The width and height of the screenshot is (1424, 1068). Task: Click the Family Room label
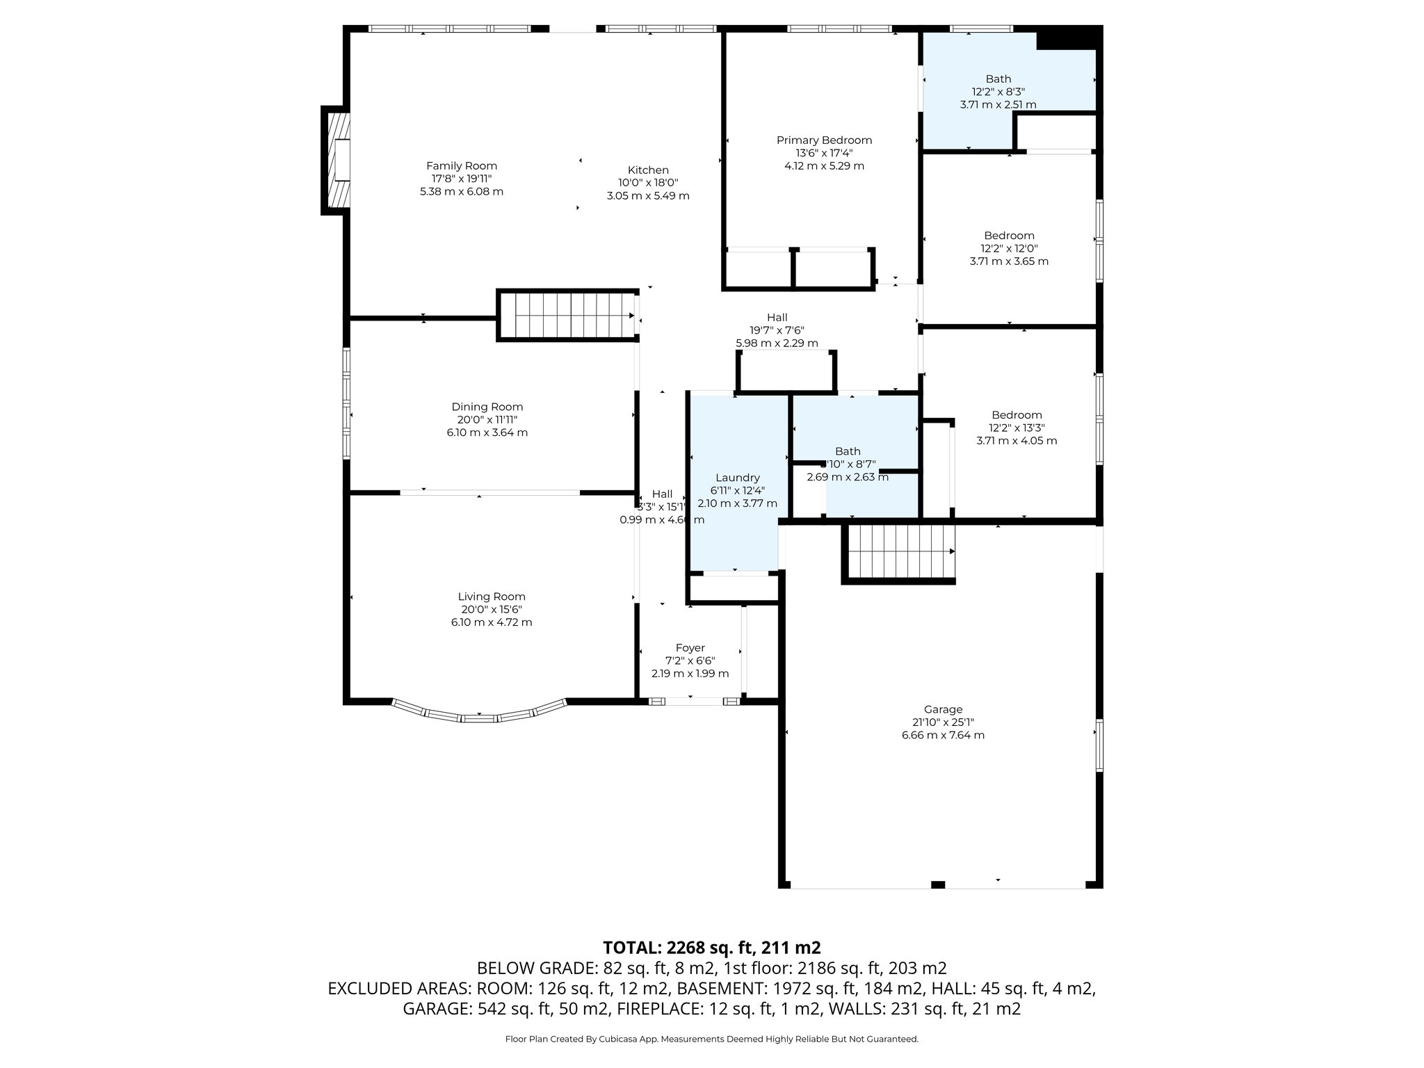461,165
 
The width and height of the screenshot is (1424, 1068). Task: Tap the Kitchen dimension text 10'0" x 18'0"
648,183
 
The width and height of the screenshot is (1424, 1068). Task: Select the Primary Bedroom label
824,140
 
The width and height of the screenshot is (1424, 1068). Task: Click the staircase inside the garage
900,552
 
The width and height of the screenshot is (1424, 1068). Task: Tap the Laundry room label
737,478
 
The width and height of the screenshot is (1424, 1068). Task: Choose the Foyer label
690,648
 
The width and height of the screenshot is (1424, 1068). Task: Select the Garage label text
943,709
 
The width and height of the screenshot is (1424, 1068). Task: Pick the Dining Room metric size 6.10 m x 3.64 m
487,432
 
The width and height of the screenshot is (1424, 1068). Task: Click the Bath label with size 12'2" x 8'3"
998,79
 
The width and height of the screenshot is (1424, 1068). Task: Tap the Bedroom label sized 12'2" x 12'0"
1009,236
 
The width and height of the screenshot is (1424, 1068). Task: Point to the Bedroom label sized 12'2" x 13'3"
1017,415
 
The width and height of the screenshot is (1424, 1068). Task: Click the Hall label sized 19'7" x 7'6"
777,318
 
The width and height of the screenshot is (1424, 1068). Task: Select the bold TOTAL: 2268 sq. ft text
711,948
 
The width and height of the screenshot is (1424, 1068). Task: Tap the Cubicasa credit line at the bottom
711,1039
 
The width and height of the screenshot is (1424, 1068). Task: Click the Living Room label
491,597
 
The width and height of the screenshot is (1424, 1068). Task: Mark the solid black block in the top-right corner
1069,38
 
